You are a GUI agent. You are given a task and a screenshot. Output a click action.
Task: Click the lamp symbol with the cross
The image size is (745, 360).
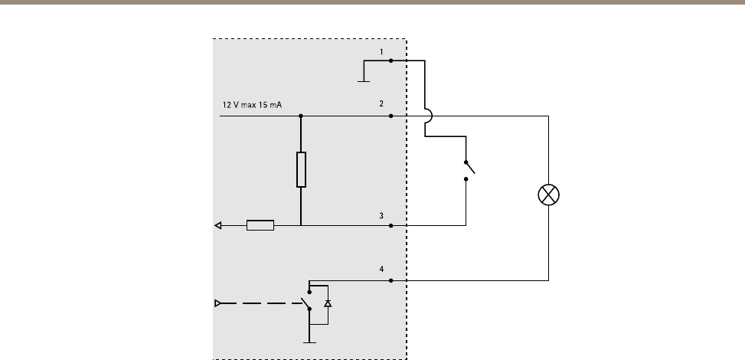548,195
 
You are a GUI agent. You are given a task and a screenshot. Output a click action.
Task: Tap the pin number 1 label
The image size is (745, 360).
381,52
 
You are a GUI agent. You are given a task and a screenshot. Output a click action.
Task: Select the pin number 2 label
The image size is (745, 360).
381,103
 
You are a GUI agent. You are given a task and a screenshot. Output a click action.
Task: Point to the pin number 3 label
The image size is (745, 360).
381,216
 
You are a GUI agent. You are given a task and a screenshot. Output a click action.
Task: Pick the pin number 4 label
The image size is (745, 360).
381,269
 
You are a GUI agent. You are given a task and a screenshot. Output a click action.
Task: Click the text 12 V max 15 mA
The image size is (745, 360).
252,105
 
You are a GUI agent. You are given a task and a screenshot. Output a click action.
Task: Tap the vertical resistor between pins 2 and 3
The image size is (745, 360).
301,169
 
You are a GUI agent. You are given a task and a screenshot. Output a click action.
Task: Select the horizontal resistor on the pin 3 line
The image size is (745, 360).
260,225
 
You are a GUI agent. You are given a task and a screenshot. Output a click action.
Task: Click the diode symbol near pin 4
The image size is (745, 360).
328,303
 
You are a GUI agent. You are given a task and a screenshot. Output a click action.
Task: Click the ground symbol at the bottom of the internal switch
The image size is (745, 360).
309,342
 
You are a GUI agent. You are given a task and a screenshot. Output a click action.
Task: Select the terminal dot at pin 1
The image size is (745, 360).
391,61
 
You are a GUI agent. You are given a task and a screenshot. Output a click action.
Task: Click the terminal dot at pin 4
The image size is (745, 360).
391,280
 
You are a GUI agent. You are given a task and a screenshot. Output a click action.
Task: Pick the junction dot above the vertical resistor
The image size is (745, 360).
301,116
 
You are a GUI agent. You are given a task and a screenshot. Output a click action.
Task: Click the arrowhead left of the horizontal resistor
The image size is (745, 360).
218,225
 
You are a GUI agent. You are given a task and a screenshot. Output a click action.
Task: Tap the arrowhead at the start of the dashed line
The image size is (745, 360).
218,303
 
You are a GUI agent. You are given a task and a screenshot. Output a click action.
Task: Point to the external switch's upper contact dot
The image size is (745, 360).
466,162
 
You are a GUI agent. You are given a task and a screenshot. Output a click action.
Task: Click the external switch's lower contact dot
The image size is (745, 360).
466,179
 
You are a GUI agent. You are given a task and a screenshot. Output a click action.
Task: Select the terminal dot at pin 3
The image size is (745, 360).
391,225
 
